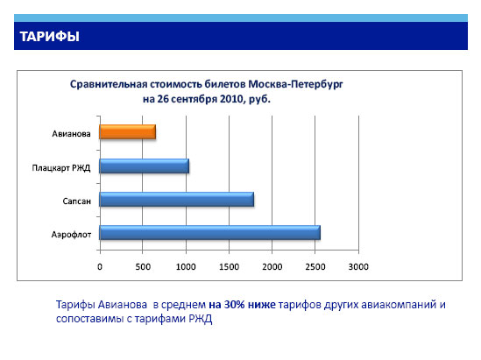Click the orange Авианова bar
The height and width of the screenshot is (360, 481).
coord(127,132)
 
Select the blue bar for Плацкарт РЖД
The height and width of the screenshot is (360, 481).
coord(145,166)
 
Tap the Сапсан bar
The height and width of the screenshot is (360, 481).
coord(177,200)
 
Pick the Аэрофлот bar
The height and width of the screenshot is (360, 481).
coord(209,232)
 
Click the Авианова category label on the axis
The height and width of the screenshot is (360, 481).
coord(71,134)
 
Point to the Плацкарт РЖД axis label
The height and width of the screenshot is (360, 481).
coord(61,167)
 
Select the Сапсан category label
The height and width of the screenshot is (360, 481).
coord(77,201)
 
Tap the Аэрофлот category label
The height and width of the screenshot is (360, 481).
coord(71,235)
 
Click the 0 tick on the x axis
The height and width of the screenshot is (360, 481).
coord(100,267)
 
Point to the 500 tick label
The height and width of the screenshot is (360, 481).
coord(143,267)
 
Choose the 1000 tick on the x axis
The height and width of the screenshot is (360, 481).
coord(186,267)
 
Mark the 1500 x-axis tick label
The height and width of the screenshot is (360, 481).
coord(230,267)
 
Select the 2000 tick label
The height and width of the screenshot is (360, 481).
coord(272,267)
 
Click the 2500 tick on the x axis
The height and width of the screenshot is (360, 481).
coord(315,267)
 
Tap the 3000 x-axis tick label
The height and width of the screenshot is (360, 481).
coord(358,267)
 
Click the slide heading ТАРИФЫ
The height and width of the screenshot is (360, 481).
coord(50,37)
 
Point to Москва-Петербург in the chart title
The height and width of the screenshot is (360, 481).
coord(295,84)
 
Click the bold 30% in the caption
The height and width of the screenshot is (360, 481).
coord(234,305)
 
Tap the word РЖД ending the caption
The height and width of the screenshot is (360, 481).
coord(200,319)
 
